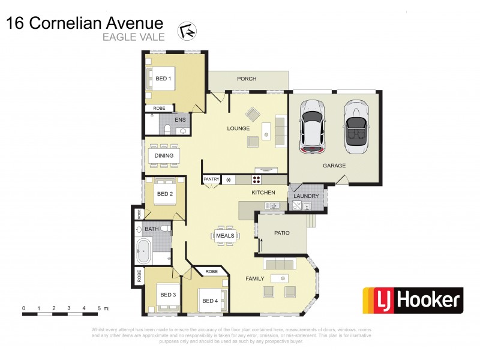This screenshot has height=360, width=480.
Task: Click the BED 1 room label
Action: pos(164,79)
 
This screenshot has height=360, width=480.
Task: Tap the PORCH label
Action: pos(246,79)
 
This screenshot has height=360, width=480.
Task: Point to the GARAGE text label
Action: pos(334,165)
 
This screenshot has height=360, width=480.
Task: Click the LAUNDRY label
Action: pos(307,196)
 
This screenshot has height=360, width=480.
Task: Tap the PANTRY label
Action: pos(211,179)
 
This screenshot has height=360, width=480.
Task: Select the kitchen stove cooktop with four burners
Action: pos(256,179)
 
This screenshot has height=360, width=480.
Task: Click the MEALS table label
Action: pos(225,236)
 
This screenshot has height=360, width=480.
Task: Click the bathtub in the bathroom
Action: pos(144,251)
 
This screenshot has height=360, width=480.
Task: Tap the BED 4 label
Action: pos(211,301)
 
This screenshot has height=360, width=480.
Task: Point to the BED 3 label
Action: pos(167,295)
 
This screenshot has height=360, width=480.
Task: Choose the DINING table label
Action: pos(164,155)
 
